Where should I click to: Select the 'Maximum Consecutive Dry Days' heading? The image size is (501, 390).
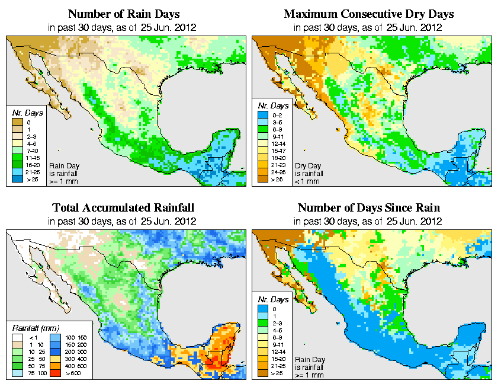(368, 14)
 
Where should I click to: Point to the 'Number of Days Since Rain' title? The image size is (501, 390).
(368, 208)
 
